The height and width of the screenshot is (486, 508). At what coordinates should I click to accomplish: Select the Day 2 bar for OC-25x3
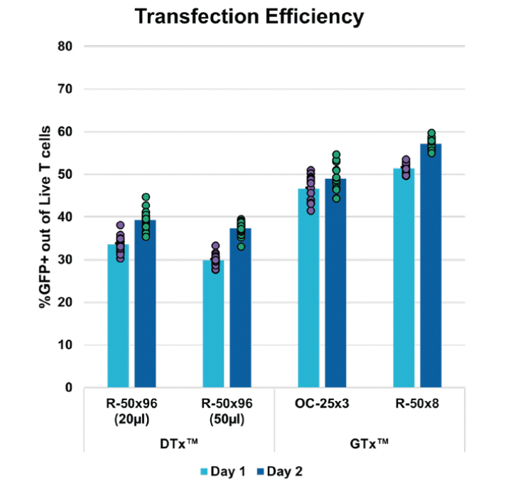pyautogui.click(x=335, y=283)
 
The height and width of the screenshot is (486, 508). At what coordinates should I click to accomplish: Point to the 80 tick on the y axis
pyautogui.click(x=67, y=47)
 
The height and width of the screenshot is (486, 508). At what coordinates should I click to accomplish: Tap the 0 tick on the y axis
pyautogui.click(x=70, y=387)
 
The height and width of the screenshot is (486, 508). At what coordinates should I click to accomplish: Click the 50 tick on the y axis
pyautogui.click(x=67, y=175)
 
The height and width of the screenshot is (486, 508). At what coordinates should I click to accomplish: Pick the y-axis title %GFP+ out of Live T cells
pyautogui.click(x=45, y=216)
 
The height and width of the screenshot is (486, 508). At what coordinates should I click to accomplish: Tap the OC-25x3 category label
pyautogui.click(x=322, y=404)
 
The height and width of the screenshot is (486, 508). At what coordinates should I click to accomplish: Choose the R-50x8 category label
pyautogui.click(x=417, y=404)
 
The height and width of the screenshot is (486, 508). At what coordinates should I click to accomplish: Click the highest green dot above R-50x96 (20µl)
pyautogui.click(x=146, y=197)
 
